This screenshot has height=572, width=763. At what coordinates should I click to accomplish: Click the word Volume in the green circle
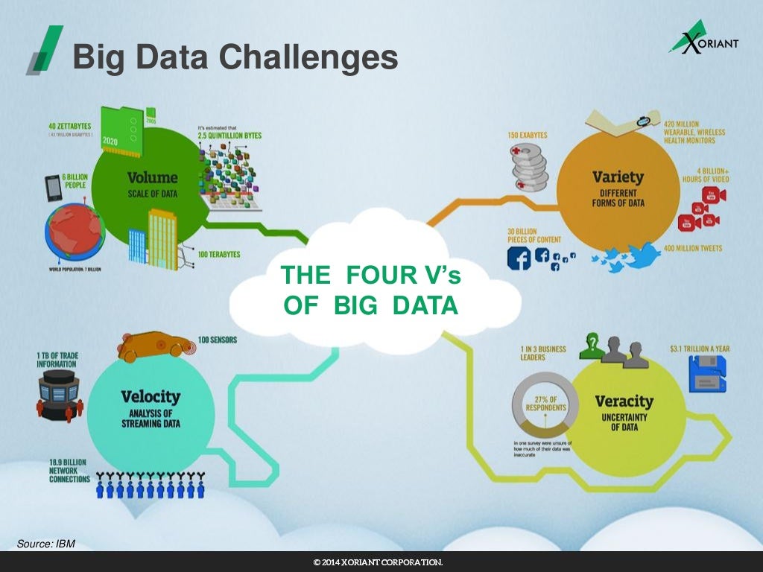[x=152, y=178]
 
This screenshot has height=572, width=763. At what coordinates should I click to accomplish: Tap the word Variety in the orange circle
[x=618, y=177]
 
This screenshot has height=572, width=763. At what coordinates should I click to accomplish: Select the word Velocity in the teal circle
[x=151, y=397]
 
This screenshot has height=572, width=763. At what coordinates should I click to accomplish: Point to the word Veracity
[x=624, y=401]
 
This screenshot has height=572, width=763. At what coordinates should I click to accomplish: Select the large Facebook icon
[x=519, y=258]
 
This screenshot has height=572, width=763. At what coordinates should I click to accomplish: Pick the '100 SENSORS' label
[x=218, y=340]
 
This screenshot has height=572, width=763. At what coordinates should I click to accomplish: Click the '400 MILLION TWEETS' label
[x=692, y=248]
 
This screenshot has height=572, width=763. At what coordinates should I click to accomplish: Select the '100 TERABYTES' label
[x=219, y=255]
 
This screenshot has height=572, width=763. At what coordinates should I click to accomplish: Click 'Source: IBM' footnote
[x=46, y=544]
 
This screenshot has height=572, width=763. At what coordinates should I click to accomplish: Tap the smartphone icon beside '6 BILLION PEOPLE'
[x=52, y=189]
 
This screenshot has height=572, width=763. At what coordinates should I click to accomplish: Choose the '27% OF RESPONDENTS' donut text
[x=545, y=403]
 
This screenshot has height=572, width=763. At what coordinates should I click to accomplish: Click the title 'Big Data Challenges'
[x=235, y=57]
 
